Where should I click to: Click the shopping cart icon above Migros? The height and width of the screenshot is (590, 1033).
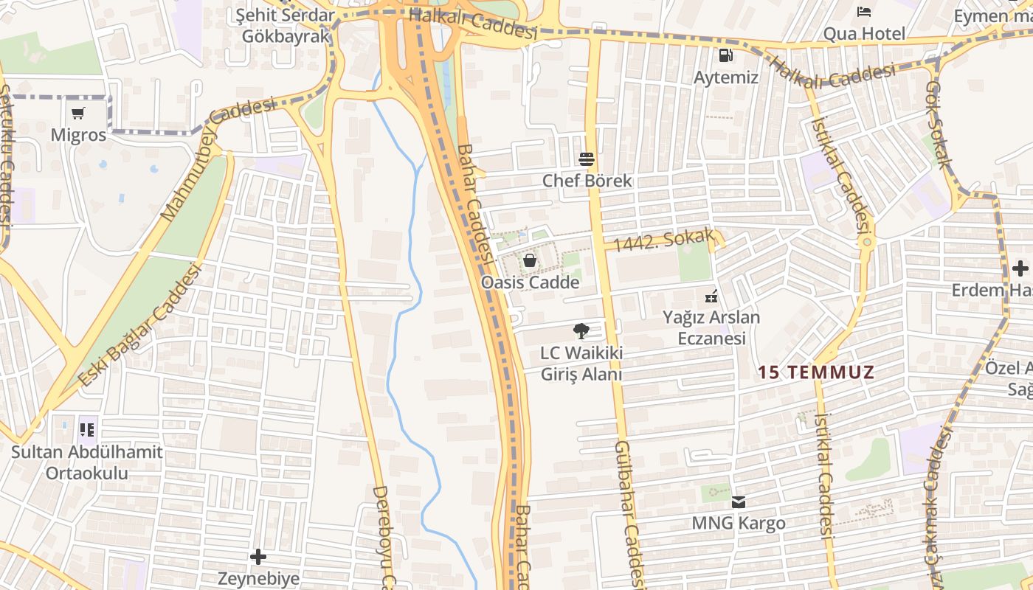click(78, 113)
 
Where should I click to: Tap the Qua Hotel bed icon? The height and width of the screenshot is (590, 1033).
click(864, 12)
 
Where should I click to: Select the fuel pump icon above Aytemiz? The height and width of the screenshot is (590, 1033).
click(726, 55)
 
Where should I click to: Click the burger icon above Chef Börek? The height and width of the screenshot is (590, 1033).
click(587, 159)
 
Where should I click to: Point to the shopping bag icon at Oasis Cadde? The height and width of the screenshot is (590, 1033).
click(530, 260)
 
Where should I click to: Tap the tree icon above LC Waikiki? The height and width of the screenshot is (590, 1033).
click(581, 331)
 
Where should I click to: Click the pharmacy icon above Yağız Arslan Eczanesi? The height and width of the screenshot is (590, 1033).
click(711, 296)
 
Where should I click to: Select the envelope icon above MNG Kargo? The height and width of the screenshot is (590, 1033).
click(738, 502)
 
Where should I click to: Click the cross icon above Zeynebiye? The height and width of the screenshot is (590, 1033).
click(258, 556)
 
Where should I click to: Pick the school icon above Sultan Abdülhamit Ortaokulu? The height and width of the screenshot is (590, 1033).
click(87, 428)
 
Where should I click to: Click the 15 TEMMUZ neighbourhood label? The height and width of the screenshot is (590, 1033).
click(815, 372)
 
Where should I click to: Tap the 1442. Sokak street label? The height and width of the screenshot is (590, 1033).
click(664, 240)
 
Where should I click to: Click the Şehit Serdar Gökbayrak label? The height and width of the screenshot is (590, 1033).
click(284, 26)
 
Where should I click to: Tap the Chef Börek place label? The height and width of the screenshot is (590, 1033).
click(587, 181)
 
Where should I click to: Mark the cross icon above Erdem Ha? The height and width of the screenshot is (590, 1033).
click(1020, 268)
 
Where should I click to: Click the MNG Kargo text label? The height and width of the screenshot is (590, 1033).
click(738, 524)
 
